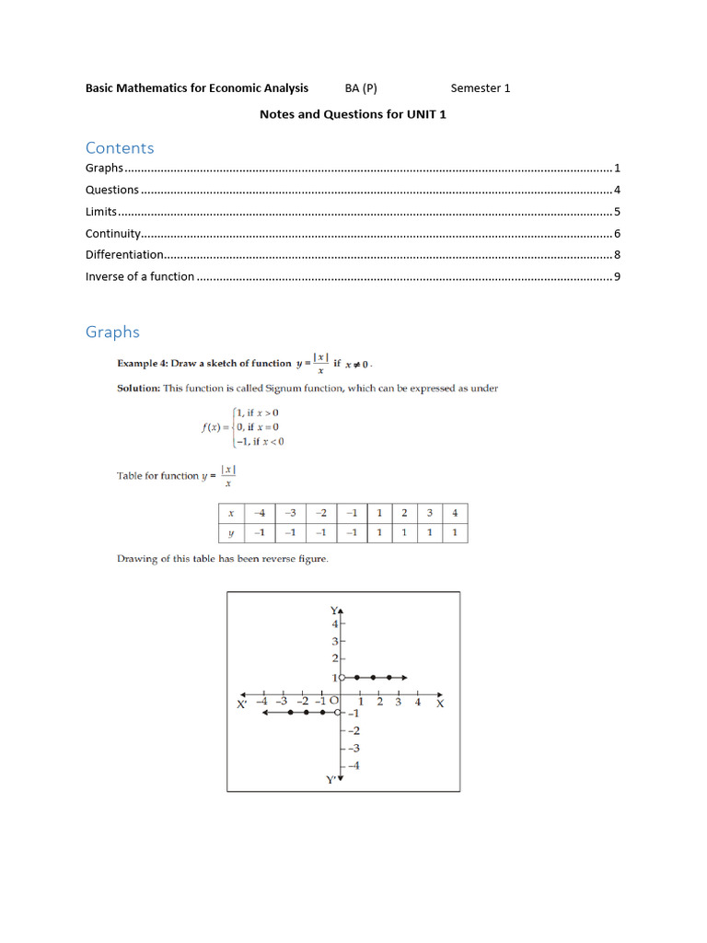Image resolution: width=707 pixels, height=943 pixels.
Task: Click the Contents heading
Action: coord(120,148)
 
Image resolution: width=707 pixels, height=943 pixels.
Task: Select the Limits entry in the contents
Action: coord(100,212)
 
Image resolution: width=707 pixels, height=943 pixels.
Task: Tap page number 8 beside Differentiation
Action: coord(617,255)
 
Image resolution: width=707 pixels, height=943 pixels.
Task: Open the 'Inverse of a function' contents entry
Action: coord(140,276)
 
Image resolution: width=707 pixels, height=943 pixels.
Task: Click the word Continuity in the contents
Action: coord(112,234)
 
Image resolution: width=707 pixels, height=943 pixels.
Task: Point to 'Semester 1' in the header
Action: coord(480,88)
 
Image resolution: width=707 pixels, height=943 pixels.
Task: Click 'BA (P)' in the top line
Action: coord(361,88)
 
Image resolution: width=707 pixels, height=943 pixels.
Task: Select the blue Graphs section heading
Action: coord(112,332)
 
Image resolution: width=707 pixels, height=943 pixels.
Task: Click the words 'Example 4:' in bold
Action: coord(143,364)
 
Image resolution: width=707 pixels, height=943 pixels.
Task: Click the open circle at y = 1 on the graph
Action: coord(341,678)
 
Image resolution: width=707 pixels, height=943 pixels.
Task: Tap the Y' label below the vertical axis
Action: coord(332,780)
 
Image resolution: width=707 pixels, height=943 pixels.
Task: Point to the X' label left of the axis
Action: coord(241,704)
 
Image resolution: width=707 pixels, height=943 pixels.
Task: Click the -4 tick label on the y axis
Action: coord(353,765)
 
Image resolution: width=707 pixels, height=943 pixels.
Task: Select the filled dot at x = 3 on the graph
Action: coord(389,678)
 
